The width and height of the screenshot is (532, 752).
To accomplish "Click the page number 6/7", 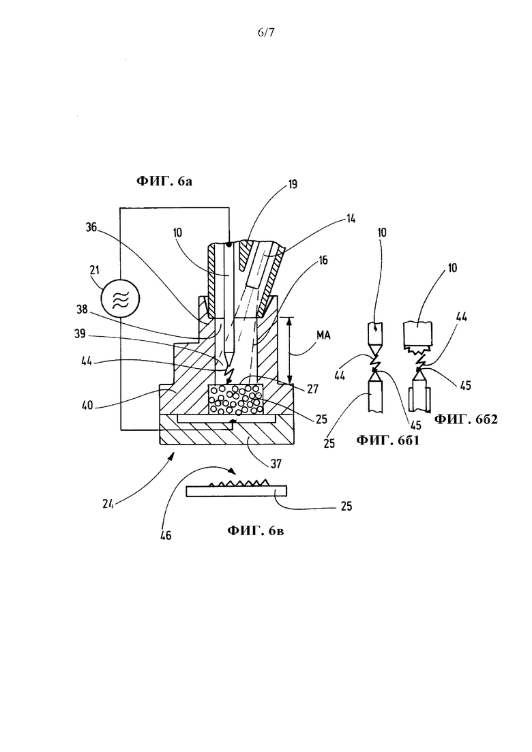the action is pos(266,33).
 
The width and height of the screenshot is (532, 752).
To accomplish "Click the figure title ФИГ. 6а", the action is pos(164,181).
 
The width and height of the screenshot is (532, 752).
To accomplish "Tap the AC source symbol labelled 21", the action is pos(121,299).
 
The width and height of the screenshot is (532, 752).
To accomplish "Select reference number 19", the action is pos(293,184).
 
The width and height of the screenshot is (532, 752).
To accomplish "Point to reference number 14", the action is pos(351,219).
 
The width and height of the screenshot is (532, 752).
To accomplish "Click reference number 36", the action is pos(91,228).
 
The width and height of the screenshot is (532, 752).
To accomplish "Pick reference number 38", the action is pos(82,310).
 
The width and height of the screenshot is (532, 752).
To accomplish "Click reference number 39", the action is pos(80,333).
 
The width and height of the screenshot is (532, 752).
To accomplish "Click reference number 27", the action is pos(312,389).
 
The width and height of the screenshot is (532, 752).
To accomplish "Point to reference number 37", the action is pos(276,464).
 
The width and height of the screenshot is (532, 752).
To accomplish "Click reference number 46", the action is pos(166,535).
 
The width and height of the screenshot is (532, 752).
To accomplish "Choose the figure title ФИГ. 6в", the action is pos(255,530).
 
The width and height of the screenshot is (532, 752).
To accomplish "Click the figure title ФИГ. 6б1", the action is pos(387,440).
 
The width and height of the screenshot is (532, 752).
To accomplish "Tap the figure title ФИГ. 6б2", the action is pos(466,419).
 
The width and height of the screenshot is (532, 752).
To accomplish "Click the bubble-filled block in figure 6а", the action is pos(235,400).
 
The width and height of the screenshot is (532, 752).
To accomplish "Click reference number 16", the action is pos(323,260).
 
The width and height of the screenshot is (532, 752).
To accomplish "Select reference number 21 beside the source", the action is pos(94,270).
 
